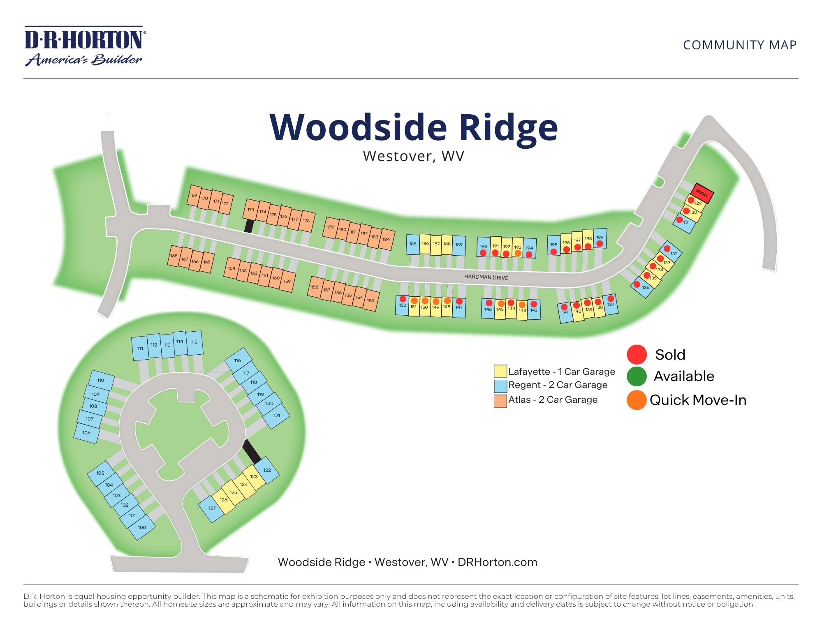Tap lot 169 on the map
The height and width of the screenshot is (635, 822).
coord(194,196)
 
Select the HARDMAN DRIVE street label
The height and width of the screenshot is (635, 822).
coord(486,277)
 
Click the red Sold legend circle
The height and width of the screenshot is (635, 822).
coord(637,354)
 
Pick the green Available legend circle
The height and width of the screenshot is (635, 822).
coord(637,376)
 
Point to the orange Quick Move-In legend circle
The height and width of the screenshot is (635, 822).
coord(637,400)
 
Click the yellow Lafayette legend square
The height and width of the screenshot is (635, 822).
coord(500,371)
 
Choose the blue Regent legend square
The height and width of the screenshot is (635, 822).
coord(500,386)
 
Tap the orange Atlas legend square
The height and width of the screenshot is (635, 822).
coord(500,401)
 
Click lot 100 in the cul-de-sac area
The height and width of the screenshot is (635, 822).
coord(142,528)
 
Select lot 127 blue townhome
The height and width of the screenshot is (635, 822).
coord(211,509)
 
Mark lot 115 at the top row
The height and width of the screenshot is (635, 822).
coord(194,343)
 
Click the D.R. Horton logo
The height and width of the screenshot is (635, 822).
coord(84,46)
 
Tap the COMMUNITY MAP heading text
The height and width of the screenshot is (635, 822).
coord(740,45)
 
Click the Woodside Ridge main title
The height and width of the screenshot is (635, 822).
coord(413,127)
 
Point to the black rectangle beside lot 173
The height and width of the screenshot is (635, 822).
coord(248,226)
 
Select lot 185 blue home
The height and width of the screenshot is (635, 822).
coord(412,245)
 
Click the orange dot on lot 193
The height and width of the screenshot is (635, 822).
coord(518,253)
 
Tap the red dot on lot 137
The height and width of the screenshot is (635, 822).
coord(611,299)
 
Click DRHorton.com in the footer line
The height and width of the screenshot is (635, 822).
coord(497,562)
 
